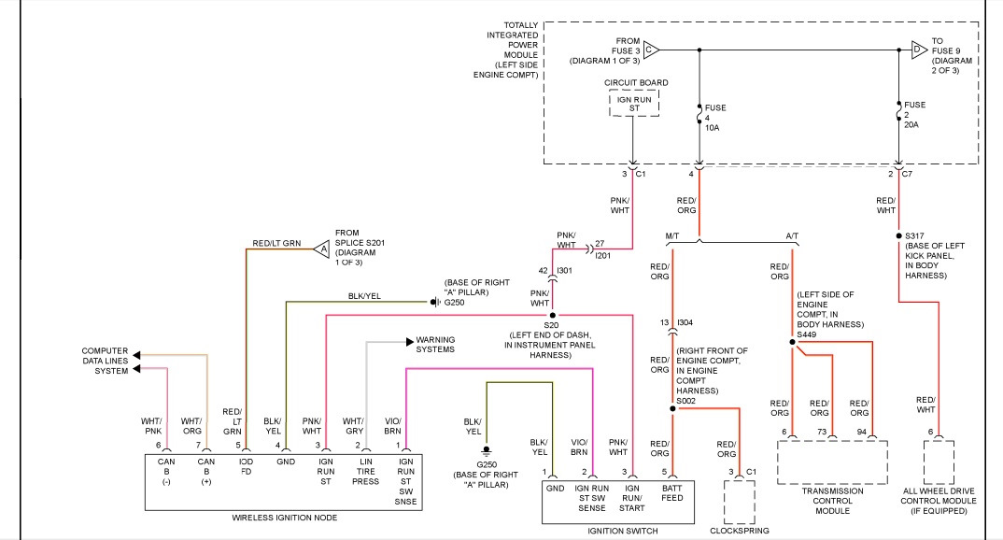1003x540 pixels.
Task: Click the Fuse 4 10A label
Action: point(713,118)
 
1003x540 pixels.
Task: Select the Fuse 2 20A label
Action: point(914,115)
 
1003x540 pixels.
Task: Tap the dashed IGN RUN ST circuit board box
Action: point(634,104)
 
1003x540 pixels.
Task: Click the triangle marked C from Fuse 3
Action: point(651,50)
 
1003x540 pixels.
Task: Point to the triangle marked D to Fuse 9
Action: point(919,50)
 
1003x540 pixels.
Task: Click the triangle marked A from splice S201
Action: point(322,249)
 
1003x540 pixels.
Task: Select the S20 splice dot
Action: point(553,316)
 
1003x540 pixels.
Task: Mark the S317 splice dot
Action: point(898,236)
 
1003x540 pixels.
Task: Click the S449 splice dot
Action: point(792,342)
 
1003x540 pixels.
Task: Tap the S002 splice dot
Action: point(672,409)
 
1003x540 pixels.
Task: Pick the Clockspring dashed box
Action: point(740,503)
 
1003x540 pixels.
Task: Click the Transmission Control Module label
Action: point(832,501)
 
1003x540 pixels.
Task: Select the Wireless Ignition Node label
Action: point(284,518)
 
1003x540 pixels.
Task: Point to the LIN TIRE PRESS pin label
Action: point(366,472)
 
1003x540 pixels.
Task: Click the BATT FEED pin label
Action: point(672,492)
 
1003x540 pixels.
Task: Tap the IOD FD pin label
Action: point(247,466)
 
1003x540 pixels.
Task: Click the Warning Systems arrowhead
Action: point(410,342)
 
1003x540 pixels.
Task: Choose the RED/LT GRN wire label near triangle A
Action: point(276,243)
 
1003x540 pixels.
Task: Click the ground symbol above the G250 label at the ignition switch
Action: point(487,451)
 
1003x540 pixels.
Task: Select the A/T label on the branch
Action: point(792,236)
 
